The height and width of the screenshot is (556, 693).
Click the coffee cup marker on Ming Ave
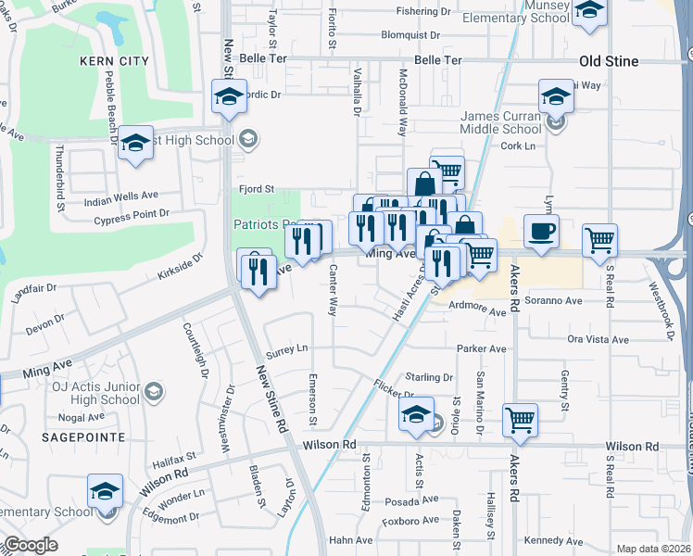coord(540,232)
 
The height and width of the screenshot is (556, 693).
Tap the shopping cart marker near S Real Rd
coord(599,241)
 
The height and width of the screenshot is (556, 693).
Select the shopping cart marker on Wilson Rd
coord(520,420)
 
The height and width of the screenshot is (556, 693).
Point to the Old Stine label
coord(609,61)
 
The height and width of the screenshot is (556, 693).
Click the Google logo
coord(31,545)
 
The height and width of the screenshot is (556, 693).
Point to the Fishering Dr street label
coord(422,12)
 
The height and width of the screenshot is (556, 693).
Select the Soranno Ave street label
coord(554,301)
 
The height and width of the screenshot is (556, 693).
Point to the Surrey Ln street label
coord(286,349)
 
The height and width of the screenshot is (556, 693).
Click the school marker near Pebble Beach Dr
coord(135,143)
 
